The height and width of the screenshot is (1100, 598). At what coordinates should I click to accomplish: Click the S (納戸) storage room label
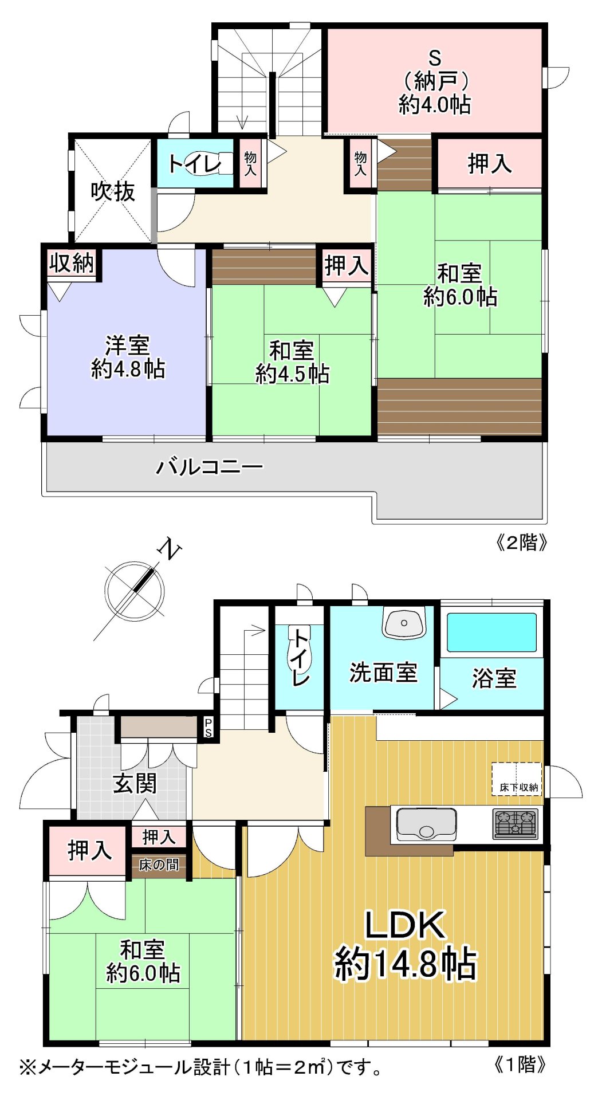tap(435, 81)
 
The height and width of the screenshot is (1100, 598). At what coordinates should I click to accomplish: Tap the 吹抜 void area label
tap(113, 191)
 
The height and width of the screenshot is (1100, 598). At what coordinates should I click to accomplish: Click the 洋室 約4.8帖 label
tap(127, 357)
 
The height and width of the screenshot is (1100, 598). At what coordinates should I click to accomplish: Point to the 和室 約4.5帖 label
tap(292, 362)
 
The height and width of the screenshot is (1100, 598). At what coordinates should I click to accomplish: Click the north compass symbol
tap(135, 590)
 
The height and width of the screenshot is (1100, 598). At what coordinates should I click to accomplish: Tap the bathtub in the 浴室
tap(491, 632)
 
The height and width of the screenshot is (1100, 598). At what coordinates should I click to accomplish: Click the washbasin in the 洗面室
tap(404, 623)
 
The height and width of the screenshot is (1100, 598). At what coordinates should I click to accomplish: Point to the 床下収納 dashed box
tap(517, 780)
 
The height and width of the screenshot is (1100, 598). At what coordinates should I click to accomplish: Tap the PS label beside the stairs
tap(208, 729)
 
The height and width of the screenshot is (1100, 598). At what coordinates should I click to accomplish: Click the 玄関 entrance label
tap(135, 783)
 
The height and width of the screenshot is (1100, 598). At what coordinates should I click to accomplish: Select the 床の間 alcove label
tap(159, 865)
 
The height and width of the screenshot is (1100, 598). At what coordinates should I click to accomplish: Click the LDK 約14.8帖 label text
tap(405, 944)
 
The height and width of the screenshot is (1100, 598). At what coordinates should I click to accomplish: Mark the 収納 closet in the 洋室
tap(71, 264)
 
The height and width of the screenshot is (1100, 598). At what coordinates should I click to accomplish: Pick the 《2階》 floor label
tap(521, 542)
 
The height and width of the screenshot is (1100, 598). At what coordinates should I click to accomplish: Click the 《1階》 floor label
tap(520, 1064)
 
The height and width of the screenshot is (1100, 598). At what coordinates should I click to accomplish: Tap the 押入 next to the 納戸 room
tap(489, 164)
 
